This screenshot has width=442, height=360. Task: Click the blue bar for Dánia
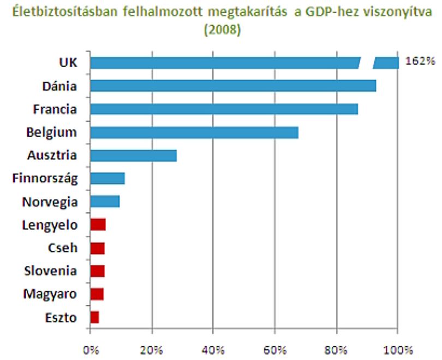(x=233, y=86)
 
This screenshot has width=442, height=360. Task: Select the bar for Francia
(x=224, y=109)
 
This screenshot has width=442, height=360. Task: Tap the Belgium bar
(x=194, y=133)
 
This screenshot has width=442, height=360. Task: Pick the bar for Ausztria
(x=134, y=156)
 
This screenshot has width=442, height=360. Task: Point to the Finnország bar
(x=107, y=178)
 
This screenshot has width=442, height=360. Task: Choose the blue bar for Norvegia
(x=105, y=202)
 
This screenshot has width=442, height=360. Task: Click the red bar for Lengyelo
(x=98, y=225)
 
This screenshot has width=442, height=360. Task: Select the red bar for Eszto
(x=95, y=317)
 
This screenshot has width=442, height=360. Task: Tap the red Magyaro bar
(x=97, y=294)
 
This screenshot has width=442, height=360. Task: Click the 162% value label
(x=420, y=61)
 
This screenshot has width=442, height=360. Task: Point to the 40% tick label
(x=213, y=350)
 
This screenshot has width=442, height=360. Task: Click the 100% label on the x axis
(x=398, y=350)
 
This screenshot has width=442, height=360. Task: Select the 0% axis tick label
(x=91, y=350)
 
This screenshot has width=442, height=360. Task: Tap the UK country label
(x=68, y=62)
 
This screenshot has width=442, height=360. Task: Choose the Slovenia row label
(x=50, y=271)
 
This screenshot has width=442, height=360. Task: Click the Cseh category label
(x=63, y=247)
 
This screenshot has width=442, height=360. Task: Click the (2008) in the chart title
(x=223, y=29)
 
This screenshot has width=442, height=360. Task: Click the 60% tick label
(x=275, y=350)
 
